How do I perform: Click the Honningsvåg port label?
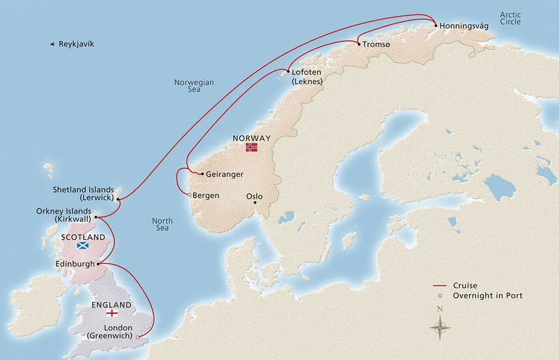[461, 26]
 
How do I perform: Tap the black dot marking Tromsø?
[358, 45]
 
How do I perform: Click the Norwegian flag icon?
[251, 147]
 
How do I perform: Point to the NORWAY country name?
[251, 138]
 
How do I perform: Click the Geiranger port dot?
[202, 174]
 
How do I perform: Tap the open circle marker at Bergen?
[189, 195]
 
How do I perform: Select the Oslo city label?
[254, 196]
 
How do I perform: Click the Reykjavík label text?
[76, 44]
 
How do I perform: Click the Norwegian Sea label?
[194, 86]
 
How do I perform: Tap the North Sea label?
[162, 224]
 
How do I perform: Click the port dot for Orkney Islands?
[96, 217]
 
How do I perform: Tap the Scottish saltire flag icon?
[83, 246]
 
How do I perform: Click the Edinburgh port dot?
[97, 264]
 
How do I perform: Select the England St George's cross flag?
[111, 313]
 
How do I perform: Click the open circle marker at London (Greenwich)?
[137, 336]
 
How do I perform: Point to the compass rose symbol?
[440, 325]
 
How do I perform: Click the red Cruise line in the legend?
[439, 286]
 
